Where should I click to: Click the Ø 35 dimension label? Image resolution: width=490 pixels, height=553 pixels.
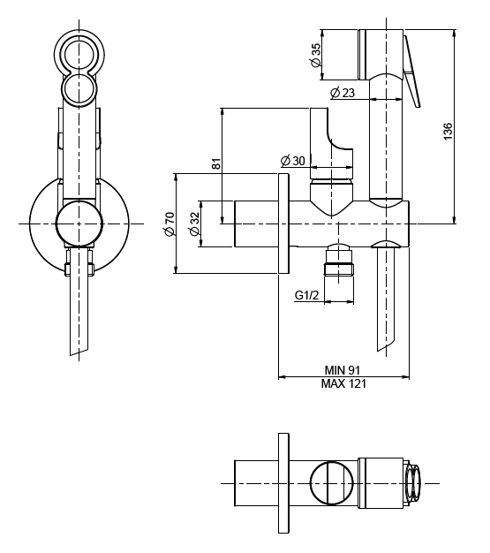click(316, 55)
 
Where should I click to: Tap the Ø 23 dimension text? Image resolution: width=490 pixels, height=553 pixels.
click(343, 93)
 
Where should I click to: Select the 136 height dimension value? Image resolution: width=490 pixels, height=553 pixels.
click(447, 132)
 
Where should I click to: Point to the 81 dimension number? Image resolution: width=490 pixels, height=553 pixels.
click(217, 163)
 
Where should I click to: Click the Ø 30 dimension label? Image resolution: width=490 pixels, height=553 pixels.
click(292, 161)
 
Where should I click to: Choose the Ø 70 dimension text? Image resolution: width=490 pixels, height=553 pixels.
click(170, 224)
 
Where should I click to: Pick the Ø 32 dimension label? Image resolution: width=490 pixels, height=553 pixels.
click(194, 223)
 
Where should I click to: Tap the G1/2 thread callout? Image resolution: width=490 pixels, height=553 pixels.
click(306, 295)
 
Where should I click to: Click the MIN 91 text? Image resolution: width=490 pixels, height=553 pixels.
click(343, 370)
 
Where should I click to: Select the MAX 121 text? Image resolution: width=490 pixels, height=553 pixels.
click(343, 383)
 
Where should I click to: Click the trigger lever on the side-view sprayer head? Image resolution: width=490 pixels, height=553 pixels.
click(411, 72)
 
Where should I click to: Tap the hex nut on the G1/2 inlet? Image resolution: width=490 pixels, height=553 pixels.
click(338, 269)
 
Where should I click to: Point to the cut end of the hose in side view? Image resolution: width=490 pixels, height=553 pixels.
click(388, 345)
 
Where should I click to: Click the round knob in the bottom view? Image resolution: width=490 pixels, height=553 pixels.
click(331, 483)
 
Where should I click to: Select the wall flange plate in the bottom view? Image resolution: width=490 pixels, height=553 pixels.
click(283, 483)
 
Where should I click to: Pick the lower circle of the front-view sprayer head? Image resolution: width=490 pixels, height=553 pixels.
click(79, 88)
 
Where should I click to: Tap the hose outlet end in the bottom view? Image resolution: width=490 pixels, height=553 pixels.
click(412, 483)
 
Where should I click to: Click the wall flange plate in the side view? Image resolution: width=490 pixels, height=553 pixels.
click(283, 223)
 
